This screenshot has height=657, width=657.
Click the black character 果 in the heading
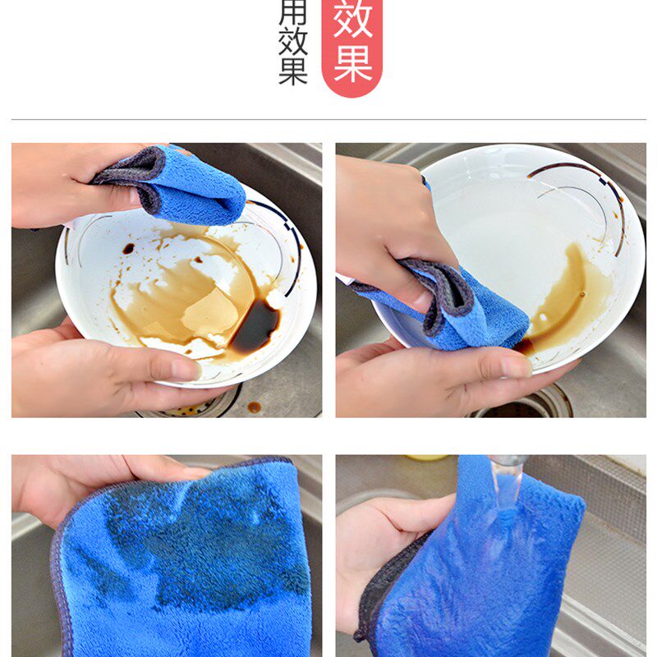coord(292,71)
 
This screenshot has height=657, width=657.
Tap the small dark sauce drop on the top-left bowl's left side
coord(128,248)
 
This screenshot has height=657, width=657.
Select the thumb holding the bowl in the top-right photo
coord(493,365)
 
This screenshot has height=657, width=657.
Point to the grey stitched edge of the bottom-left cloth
coord(57,575)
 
